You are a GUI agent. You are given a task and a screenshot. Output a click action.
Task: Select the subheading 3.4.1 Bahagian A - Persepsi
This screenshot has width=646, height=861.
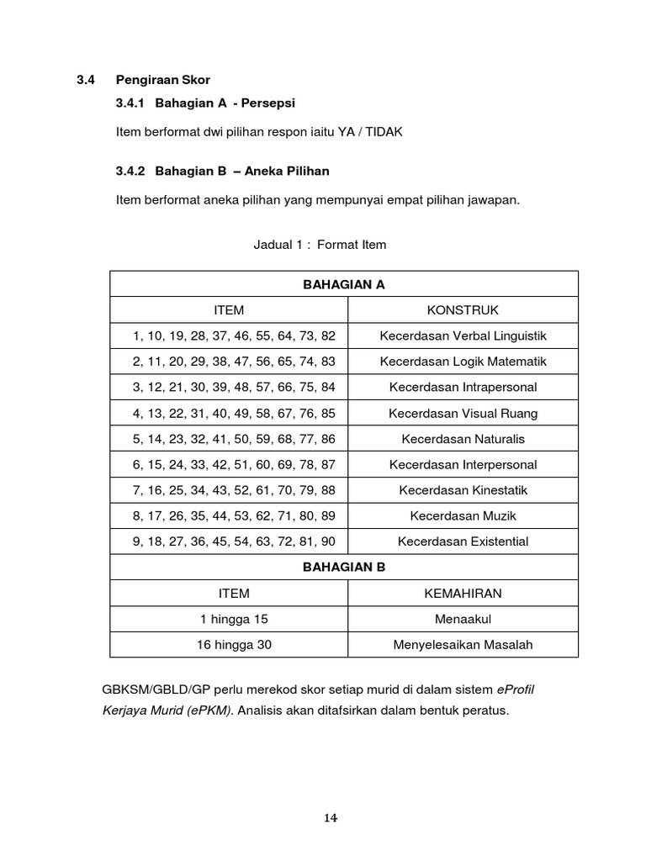[x=205, y=103]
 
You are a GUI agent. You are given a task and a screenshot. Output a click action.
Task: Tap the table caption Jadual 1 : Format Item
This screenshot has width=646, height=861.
[x=320, y=245]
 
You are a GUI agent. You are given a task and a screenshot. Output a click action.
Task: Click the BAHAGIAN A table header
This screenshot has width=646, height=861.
[x=343, y=284]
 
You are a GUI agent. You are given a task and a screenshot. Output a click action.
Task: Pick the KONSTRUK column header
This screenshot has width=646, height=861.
[x=463, y=310]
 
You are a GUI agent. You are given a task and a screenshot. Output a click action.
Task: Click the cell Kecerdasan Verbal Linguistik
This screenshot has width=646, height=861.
[x=463, y=335]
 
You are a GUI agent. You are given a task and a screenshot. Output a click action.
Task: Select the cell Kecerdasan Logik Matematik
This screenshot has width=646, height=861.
[x=463, y=362]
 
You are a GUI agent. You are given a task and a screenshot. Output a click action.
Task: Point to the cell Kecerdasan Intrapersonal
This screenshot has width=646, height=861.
[x=463, y=387]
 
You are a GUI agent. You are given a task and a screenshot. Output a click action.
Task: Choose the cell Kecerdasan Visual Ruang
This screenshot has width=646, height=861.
[x=463, y=413]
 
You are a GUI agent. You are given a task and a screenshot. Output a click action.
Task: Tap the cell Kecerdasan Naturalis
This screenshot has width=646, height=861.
[x=463, y=439]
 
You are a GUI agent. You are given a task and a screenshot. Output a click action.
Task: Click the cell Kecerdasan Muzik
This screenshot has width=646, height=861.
[x=463, y=515]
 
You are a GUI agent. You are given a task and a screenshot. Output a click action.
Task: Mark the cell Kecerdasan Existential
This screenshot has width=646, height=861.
[x=463, y=541]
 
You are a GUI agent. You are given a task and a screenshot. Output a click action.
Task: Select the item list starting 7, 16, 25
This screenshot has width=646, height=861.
[x=234, y=490]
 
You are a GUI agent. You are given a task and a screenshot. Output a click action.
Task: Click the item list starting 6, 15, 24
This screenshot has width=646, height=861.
[x=234, y=464]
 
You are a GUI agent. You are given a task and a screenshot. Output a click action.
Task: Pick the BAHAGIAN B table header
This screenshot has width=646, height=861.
[x=343, y=567]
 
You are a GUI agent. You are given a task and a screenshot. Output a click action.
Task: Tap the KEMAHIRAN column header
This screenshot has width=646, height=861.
[x=463, y=593]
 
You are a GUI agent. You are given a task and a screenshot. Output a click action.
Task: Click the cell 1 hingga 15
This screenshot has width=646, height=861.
[x=234, y=619]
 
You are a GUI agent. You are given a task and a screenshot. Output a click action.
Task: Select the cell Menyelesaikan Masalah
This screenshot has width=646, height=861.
[x=463, y=645]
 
